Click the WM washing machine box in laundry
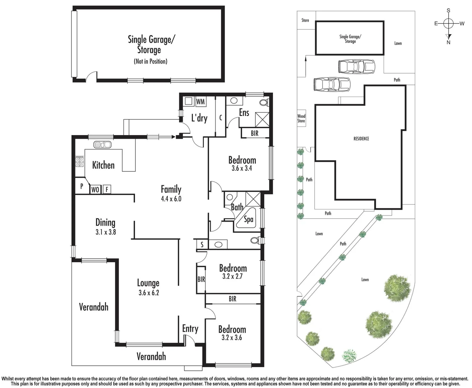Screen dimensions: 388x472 pyautogui.click(x=200, y=102)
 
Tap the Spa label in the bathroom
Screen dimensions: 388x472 pyautogui.click(x=249, y=219)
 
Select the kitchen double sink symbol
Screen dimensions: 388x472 pyautogui.click(x=102, y=145)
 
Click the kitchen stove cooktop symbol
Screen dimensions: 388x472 pyautogui.click(x=79, y=162)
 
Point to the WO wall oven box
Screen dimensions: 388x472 pyautogui.click(x=95, y=189)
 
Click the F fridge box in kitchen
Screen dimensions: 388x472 pyautogui.click(x=107, y=189)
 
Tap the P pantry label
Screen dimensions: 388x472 pyautogui.click(x=82, y=186)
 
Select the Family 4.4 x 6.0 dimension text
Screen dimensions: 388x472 pyautogui.click(x=171, y=199)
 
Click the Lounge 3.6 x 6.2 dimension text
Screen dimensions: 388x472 pyautogui.click(x=148, y=293)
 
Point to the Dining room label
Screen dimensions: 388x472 pyautogui.click(x=105, y=222)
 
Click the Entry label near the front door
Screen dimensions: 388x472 pyautogui.click(x=190, y=328)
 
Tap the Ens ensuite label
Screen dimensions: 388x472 pyautogui.click(x=244, y=113)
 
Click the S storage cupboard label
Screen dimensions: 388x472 pyautogui.click(x=202, y=245)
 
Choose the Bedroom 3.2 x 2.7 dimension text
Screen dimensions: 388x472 pyautogui.click(x=233, y=277)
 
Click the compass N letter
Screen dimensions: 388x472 pyautogui.click(x=448, y=42)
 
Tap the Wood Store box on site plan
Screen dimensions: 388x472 pyautogui.click(x=301, y=119)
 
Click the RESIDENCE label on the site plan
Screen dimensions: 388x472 pyautogui.click(x=361, y=139)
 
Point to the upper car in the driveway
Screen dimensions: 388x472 pyautogui.click(x=356, y=66)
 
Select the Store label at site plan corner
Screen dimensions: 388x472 pyautogui.click(x=305, y=20)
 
